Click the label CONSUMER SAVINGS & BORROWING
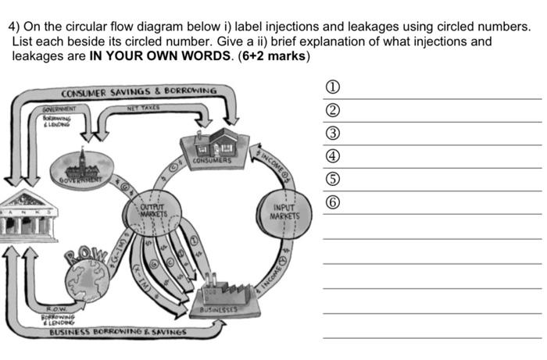pos(138,91)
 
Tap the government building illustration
pos(81,163)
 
